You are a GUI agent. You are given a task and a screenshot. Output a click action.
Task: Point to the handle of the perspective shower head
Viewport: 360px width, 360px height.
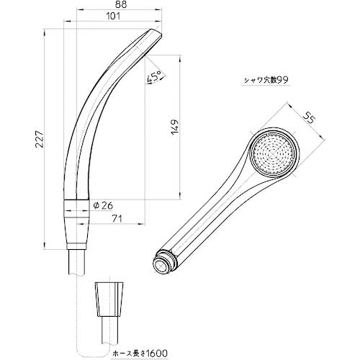point(209,216)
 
